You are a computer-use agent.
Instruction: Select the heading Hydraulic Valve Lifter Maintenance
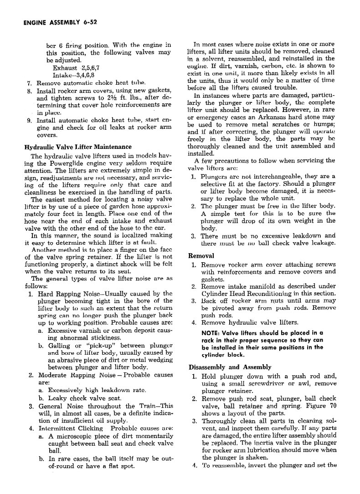tap(78, 147)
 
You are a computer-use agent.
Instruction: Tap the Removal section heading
tap(201, 255)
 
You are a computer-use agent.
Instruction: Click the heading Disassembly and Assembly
tap(230, 367)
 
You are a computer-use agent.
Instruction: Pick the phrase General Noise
tap(61, 406)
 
